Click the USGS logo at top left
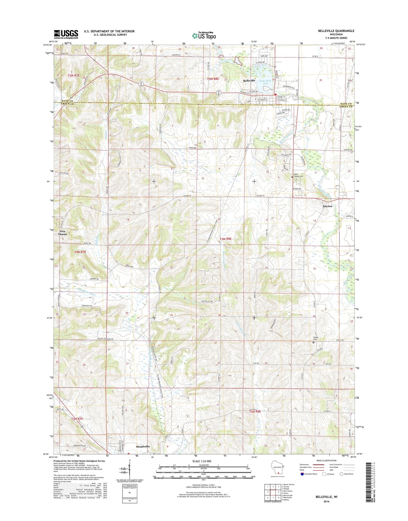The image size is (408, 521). coord(66,34)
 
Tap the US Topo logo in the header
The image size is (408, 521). coord(204,35)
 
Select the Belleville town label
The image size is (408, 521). coord(249,81)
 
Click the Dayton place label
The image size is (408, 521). coord(327,206)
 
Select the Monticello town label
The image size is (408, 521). coord(143,446)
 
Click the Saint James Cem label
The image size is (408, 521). coord(298,175)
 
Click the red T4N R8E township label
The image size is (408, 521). coord(225,239)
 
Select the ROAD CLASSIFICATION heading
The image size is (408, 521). coord(327,461)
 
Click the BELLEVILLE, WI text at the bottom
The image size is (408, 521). coord(326,497)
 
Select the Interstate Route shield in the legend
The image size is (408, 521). coord(302,474)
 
